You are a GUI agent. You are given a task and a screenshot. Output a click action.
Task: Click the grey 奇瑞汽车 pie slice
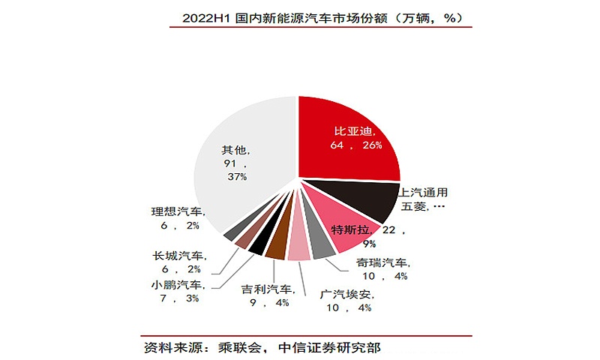click(x=322, y=247)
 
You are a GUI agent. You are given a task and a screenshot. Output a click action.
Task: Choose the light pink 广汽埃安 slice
click(x=298, y=249)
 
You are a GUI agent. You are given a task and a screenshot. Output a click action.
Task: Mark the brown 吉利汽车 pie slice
click(x=276, y=247)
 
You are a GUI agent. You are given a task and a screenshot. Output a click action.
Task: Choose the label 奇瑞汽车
click(x=383, y=263)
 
